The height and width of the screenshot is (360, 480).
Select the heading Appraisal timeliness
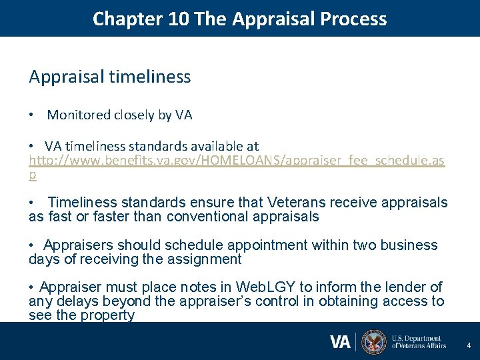tap(110, 77)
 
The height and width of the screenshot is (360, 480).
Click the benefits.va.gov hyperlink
tap(237, 161)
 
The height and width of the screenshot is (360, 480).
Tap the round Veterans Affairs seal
tap(373, 342)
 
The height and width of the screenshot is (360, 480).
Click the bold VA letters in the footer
tap(340, 342)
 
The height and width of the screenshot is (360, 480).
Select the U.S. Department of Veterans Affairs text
tap(418, 342)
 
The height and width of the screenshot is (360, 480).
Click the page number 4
tap(469, 345)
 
